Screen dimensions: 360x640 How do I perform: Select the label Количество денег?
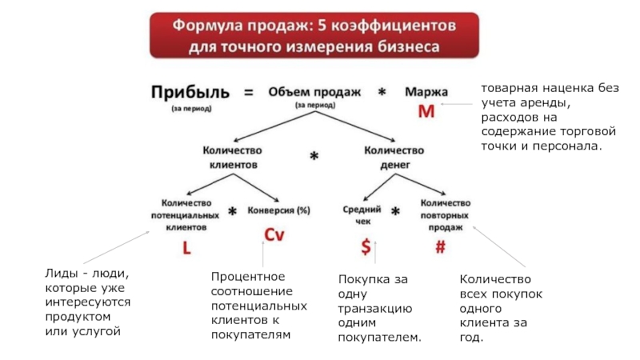(394, 156)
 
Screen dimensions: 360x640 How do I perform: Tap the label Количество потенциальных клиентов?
(186, 215)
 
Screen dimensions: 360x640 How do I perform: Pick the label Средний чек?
(356, 214)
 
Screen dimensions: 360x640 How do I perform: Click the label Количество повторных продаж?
(445, 214)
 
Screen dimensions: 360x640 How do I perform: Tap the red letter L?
(186, 249)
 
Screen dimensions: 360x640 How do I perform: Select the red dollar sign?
(366, 248)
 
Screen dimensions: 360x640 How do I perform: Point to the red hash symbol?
(440, 248)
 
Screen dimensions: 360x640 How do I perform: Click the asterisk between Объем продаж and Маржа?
(382, 93)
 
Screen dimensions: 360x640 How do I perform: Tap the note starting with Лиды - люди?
(87, 302)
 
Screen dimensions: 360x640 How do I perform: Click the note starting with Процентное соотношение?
(258, 306)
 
